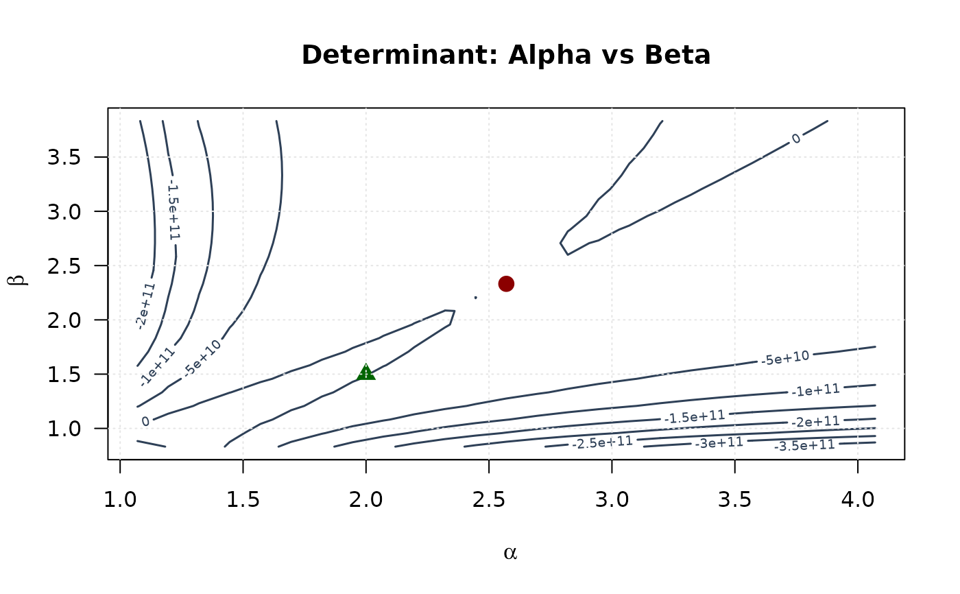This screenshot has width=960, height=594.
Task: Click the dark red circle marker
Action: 506,283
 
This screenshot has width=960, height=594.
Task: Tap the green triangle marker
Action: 366,372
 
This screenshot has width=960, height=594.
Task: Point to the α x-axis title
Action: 509,553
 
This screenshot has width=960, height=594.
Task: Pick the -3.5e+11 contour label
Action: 804,445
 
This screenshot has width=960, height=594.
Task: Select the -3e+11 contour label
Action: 719,443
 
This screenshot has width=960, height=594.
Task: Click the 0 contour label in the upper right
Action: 795,139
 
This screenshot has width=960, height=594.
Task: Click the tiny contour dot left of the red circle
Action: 475,298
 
